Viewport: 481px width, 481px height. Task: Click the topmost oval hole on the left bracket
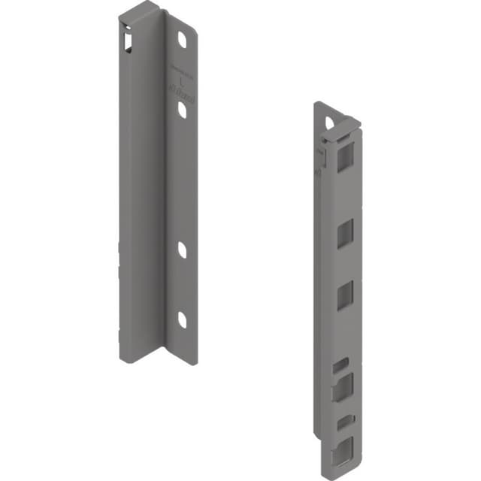tap(182, 41)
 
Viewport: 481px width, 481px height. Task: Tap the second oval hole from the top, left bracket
tap(182, 110)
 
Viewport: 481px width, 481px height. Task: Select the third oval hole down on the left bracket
tap(182, 250)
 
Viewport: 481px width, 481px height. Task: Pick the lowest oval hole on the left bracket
tap(182, 319)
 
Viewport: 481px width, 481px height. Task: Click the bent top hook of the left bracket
tap(140, 11)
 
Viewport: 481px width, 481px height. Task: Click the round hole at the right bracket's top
tap(329, 121)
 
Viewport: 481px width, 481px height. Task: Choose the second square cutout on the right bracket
tap(343, 234)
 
